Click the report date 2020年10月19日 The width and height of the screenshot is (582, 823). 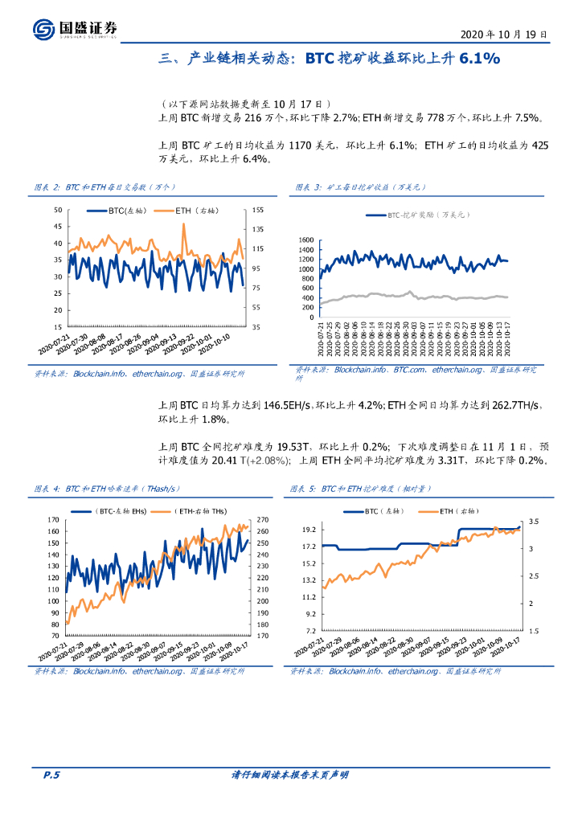(504, 35)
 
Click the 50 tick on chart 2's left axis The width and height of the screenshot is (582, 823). (58, 210)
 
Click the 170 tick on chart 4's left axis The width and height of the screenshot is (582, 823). (53, 519)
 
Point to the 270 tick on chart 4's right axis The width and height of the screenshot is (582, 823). (263, 519)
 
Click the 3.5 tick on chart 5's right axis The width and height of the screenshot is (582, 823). (532, 522)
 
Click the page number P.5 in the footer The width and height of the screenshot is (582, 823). (51, 776)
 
